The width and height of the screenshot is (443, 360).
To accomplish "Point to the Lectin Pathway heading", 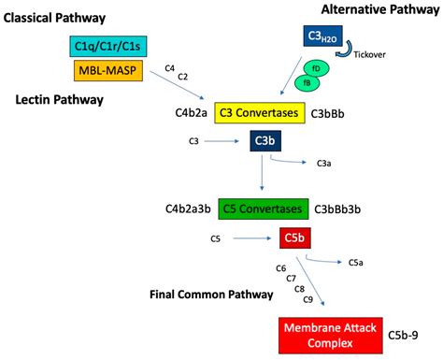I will [59, 98].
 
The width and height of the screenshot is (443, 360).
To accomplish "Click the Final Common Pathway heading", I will [211, 295].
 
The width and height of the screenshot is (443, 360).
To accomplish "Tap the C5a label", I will [355, 263].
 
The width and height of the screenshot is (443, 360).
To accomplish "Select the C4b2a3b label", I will [187, 209].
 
